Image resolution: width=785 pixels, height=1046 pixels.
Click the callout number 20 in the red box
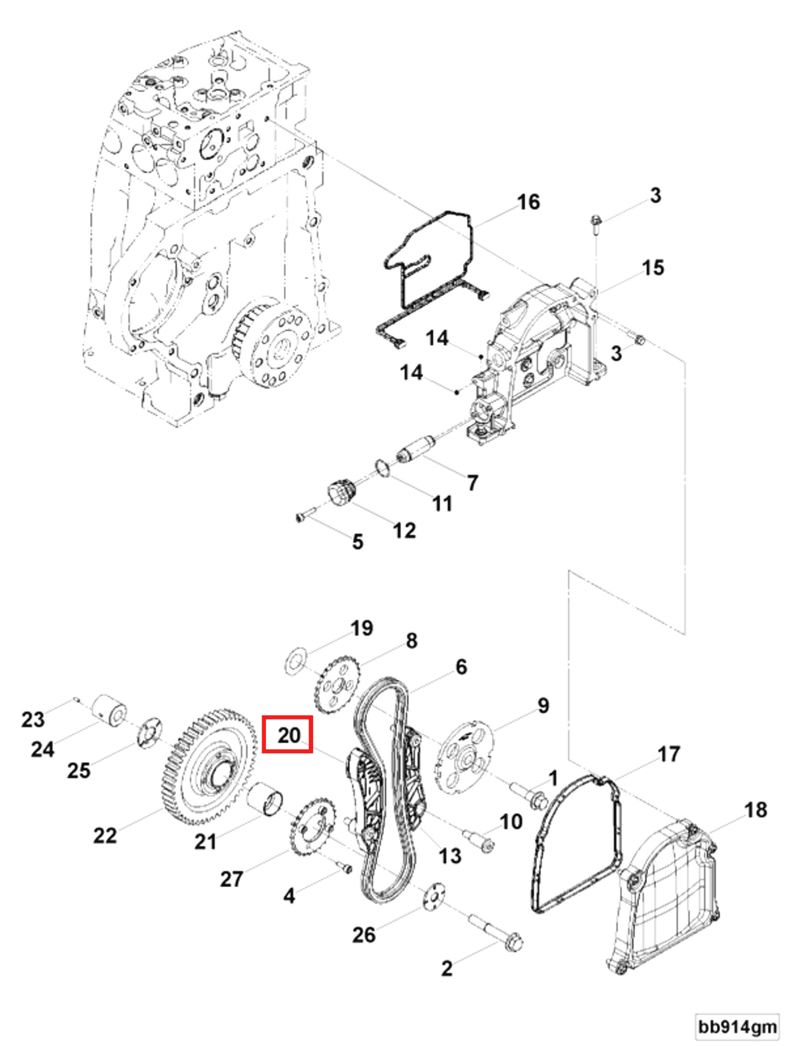click(x=288, y=735)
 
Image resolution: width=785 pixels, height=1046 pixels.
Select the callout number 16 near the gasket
click(x=528, y=202)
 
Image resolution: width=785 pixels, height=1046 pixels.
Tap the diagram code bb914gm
click(x=737, y=1026)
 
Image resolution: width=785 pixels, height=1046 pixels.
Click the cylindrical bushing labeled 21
click(x=265, y=799)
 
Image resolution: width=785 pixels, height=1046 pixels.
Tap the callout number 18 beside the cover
click(x=755, y=810)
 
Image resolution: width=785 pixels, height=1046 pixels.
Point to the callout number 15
click(x=653, y=268)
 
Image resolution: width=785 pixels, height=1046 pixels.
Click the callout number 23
click(x=33, y=719)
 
